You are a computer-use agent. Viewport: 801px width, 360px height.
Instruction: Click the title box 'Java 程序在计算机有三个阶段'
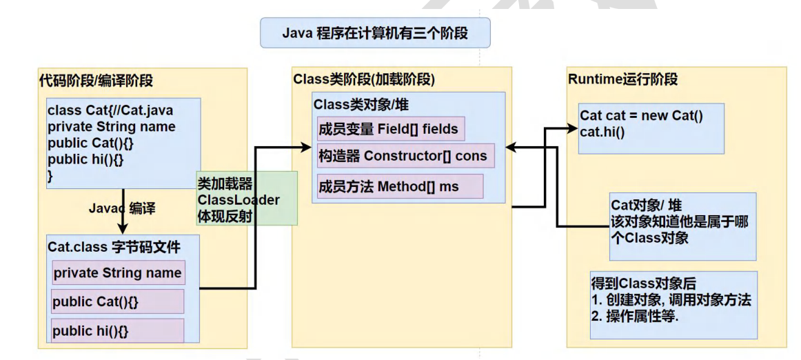click(x=375, y=32)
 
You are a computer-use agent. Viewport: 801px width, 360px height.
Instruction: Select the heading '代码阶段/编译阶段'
click(x=96, y=81)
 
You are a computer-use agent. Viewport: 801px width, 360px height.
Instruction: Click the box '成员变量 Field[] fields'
click(x=387, y=129)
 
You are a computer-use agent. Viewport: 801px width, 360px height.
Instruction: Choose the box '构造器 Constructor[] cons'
click(x=403, y=156)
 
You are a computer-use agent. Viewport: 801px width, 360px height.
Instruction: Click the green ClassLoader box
click(x=247, y=199)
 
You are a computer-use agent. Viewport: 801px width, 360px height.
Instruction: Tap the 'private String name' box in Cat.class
click(x=118, y=273)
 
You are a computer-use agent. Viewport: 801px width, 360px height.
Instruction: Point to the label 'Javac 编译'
click(x=122, y=208)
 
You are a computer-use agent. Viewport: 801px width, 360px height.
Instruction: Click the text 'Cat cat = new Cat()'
click(x=641, y=116)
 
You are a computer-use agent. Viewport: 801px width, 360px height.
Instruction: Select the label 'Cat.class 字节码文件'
click(x=114, y=247)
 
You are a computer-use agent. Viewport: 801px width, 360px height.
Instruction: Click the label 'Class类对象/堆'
click(x=363, y=105)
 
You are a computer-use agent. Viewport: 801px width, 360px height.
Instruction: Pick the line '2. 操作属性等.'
click(x=634, y=317)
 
